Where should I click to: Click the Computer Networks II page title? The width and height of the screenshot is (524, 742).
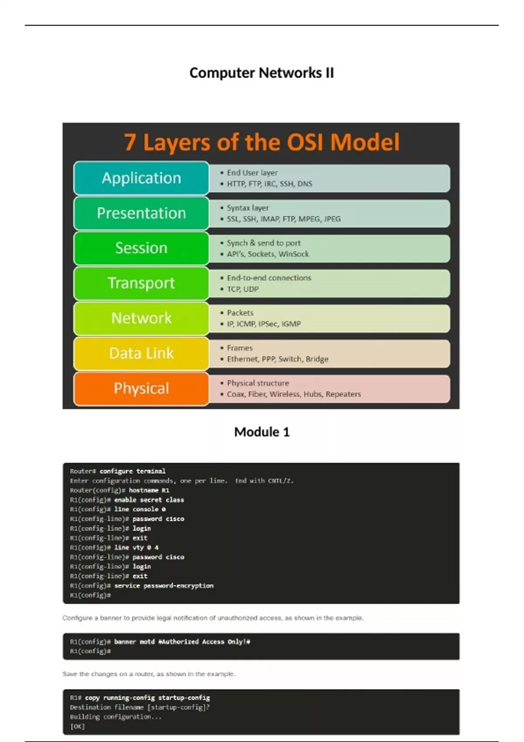tap(262, 72)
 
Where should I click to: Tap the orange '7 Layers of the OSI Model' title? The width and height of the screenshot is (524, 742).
tap(262, 142)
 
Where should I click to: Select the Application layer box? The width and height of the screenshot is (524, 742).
tap(141, 178)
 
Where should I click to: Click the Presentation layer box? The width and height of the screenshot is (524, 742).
tap(141, 213)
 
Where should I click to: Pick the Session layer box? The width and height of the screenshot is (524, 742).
tap(141, 248)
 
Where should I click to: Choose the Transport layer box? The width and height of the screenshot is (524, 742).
tap(141, 283)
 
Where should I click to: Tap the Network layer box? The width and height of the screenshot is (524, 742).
tap(141, 318)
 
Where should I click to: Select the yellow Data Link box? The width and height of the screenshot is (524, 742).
tap(141, 353)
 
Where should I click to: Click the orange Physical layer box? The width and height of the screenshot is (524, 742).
tap(141, 388)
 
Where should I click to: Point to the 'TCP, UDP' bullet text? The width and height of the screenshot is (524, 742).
tap(242, 289)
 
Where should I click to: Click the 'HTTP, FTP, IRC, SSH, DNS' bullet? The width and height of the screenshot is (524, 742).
tap(269, 184)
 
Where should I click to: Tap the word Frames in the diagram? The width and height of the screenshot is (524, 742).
tap(240, 348)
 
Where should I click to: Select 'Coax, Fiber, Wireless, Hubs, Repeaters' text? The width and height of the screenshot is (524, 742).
tap(293, 394)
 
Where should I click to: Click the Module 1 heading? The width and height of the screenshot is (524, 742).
tap(262, 432)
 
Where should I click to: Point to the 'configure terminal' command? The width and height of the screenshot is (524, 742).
tap(132, 471)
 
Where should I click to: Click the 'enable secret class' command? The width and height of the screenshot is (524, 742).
tap(149, 500)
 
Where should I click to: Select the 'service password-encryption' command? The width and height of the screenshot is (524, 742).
tap(164, 586)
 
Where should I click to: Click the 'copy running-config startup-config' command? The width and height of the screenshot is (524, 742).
tap(147, 698)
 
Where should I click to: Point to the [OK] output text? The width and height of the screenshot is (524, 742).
tap(77, 726)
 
